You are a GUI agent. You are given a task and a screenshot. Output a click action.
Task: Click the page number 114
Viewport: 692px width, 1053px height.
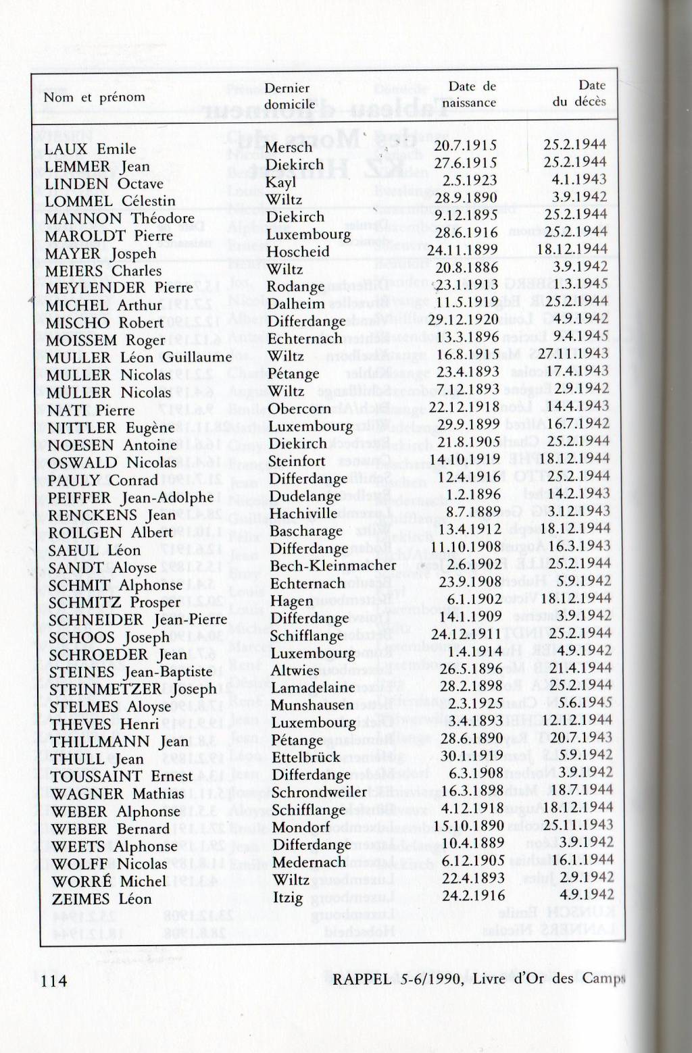pos(55,981)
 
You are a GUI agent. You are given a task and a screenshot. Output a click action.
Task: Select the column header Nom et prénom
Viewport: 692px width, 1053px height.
pos(94,97)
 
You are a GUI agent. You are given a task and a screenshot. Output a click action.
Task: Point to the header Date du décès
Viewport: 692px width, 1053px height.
pos(579,93)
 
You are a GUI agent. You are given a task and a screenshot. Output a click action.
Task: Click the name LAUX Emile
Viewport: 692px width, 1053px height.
pos(90,149)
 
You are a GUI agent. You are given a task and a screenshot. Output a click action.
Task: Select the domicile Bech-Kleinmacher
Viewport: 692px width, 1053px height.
pos(333,565)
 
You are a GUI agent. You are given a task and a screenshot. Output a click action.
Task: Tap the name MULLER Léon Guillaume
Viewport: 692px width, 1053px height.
pos(139,357)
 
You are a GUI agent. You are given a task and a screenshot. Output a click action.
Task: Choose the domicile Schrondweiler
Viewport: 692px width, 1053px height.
pos(319,792)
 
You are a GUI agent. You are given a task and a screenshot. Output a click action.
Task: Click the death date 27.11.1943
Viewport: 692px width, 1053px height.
pos(573,354)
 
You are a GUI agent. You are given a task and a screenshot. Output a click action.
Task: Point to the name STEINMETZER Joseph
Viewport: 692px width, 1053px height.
pos(133,690)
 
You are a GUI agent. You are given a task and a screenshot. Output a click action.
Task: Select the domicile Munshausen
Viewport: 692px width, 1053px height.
pos(312,705)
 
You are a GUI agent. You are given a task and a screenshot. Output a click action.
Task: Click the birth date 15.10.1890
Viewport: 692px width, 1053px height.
pos(470,825)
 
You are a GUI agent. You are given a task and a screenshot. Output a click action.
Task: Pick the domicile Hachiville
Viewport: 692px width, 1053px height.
pos(303,513)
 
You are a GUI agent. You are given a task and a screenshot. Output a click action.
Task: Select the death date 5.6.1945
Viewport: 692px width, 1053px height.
pos(582,702)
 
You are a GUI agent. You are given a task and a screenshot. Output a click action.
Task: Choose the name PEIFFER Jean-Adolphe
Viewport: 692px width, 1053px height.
pos(130,498)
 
